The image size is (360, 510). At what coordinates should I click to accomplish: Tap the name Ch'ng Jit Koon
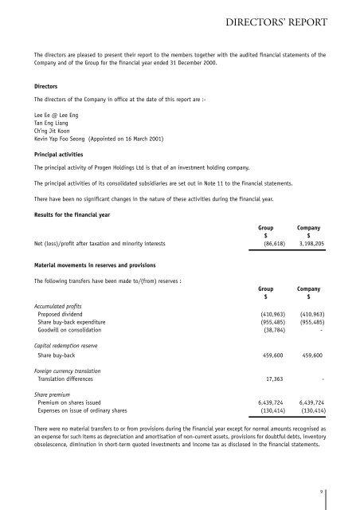pos(45,131)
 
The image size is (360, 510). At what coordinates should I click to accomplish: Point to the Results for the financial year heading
pos(69,214)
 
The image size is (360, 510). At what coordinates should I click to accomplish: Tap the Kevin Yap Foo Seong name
pos(54,139)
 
